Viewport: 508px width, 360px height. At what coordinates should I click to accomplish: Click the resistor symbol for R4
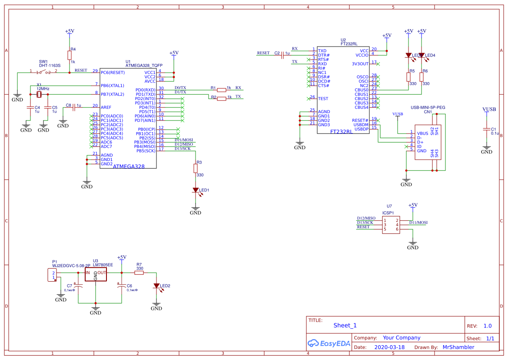(x=69, y=55)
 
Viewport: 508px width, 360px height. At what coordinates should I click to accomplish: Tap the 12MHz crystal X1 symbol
(x=39, y=94)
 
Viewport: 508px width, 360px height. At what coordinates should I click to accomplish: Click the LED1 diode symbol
(x=196, y=190)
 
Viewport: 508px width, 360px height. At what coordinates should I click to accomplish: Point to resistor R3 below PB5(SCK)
(x=196, y=168)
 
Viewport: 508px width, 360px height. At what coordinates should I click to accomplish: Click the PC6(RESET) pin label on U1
(x=113, y=73)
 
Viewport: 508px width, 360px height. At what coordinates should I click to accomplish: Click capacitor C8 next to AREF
(x=74, y=106)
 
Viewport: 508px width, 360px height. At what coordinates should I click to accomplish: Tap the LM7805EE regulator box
(x=96, y=274)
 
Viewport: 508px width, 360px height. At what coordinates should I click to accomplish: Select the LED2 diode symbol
(x=156, y=286)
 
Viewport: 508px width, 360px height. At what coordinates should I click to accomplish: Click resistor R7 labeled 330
(x=139, y=273)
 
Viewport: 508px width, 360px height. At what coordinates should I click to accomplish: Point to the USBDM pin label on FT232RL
(x=362, y=125)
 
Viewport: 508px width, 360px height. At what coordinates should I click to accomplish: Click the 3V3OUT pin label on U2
(x=360, y=64)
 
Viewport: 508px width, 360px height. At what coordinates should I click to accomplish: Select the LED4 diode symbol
(x=421, y=55)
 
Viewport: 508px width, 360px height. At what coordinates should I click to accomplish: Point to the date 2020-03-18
(x=389, y=347)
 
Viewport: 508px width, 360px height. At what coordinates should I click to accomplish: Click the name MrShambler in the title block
(x=458, y=347)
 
